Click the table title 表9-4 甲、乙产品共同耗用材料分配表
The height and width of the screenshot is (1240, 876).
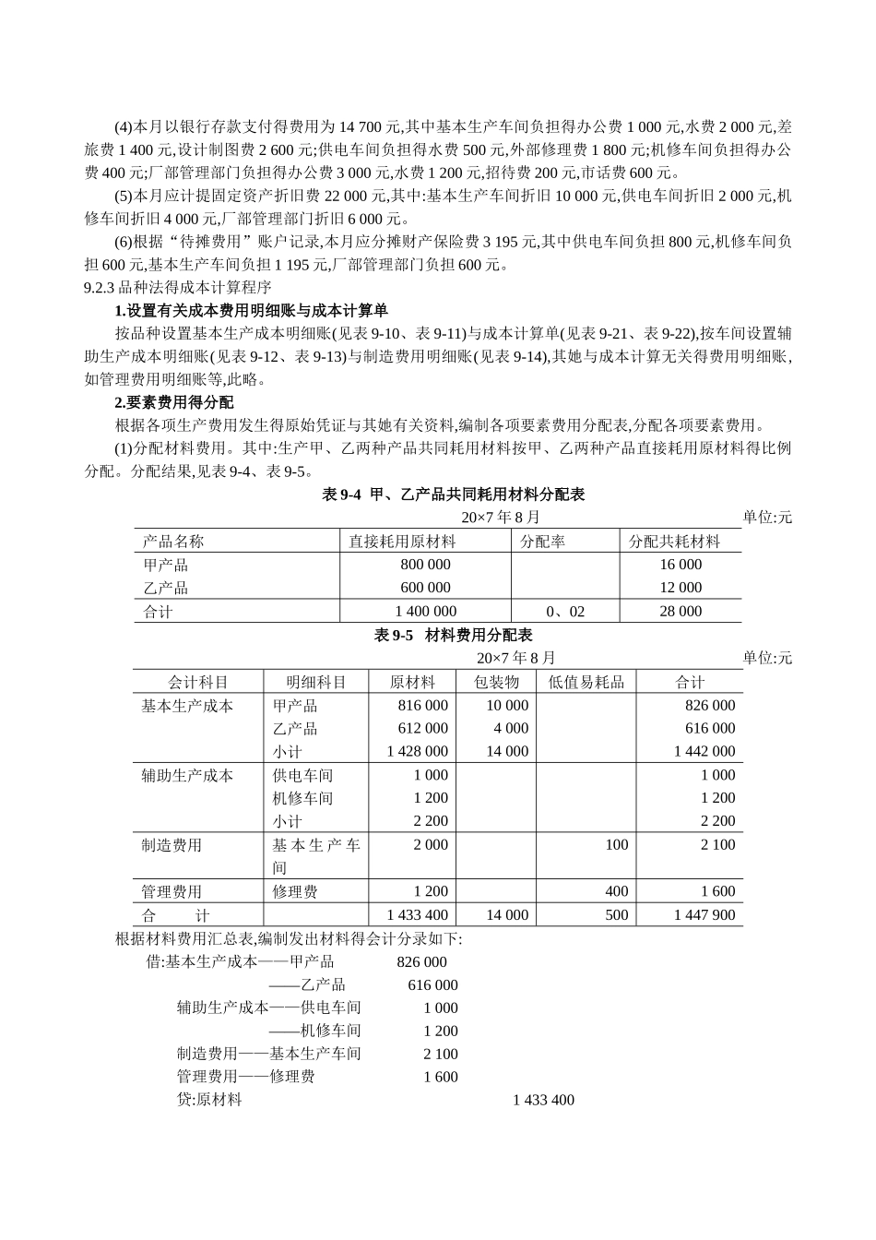pyautogui.click(x=453, y=495)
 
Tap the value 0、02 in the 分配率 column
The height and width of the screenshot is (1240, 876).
pyautogui.click(x=564, y=611)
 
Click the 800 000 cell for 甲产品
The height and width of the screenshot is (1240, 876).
pyautogui.click(x=425, y=565)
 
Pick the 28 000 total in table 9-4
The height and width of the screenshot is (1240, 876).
pyautogui.click(x=681, y=611)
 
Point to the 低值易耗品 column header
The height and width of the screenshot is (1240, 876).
pyautogui.click(x=586, y=682)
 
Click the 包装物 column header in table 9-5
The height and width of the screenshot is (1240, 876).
pyautogui.click(x=496, y=682)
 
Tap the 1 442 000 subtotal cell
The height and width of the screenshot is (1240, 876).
pyautogui.click(x=704, y=751)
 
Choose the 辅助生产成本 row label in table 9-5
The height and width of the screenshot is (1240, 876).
pyautogui.click(x=187, y=775)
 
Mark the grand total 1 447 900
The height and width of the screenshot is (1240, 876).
pyautogui.click(x=704, y=915)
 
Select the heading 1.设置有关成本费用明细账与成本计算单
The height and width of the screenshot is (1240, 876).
pyautogui.click(x=244, y=310)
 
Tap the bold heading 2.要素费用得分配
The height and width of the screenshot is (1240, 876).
pyautogui.click(x=174, y=402)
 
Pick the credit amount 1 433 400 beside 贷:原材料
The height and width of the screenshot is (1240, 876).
pyautogui.click(x=543, y=1100)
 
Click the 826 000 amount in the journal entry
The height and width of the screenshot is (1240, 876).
pyautogui.click(x=421, y=961)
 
